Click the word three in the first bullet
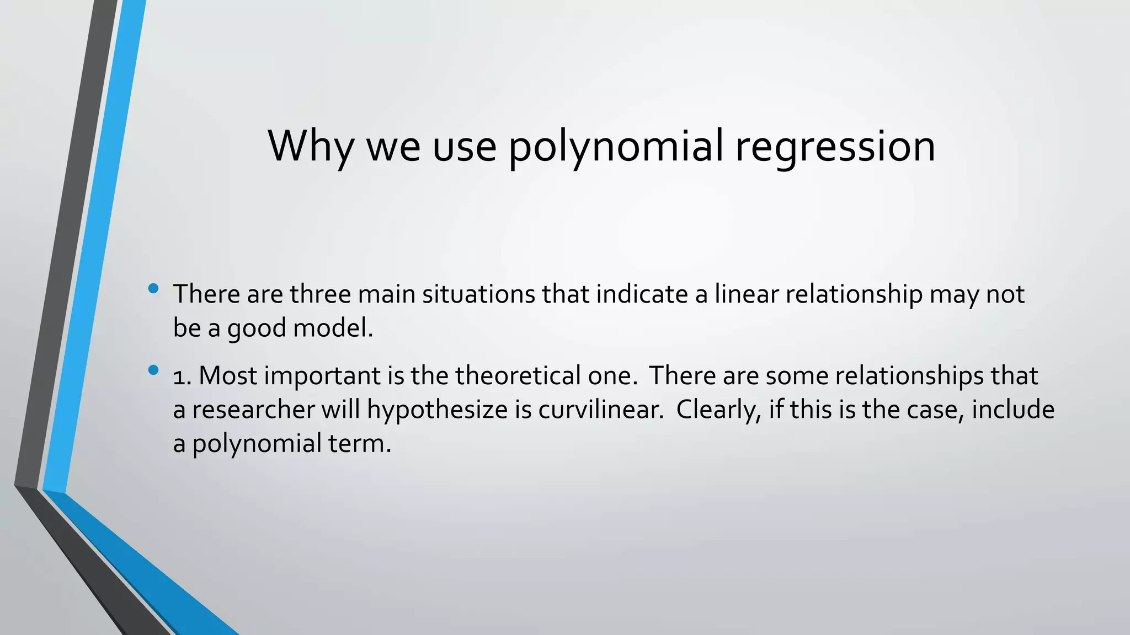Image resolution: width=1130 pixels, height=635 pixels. pos(320,294)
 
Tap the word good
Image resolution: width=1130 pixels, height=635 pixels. pos(257,329)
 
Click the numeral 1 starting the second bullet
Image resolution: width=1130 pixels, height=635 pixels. pos(178,376)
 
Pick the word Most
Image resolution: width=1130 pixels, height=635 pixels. pos(228,375)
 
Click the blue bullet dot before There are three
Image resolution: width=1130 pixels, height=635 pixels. pos(153,288)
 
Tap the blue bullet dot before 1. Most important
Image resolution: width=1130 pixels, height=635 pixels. pos(153,370)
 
